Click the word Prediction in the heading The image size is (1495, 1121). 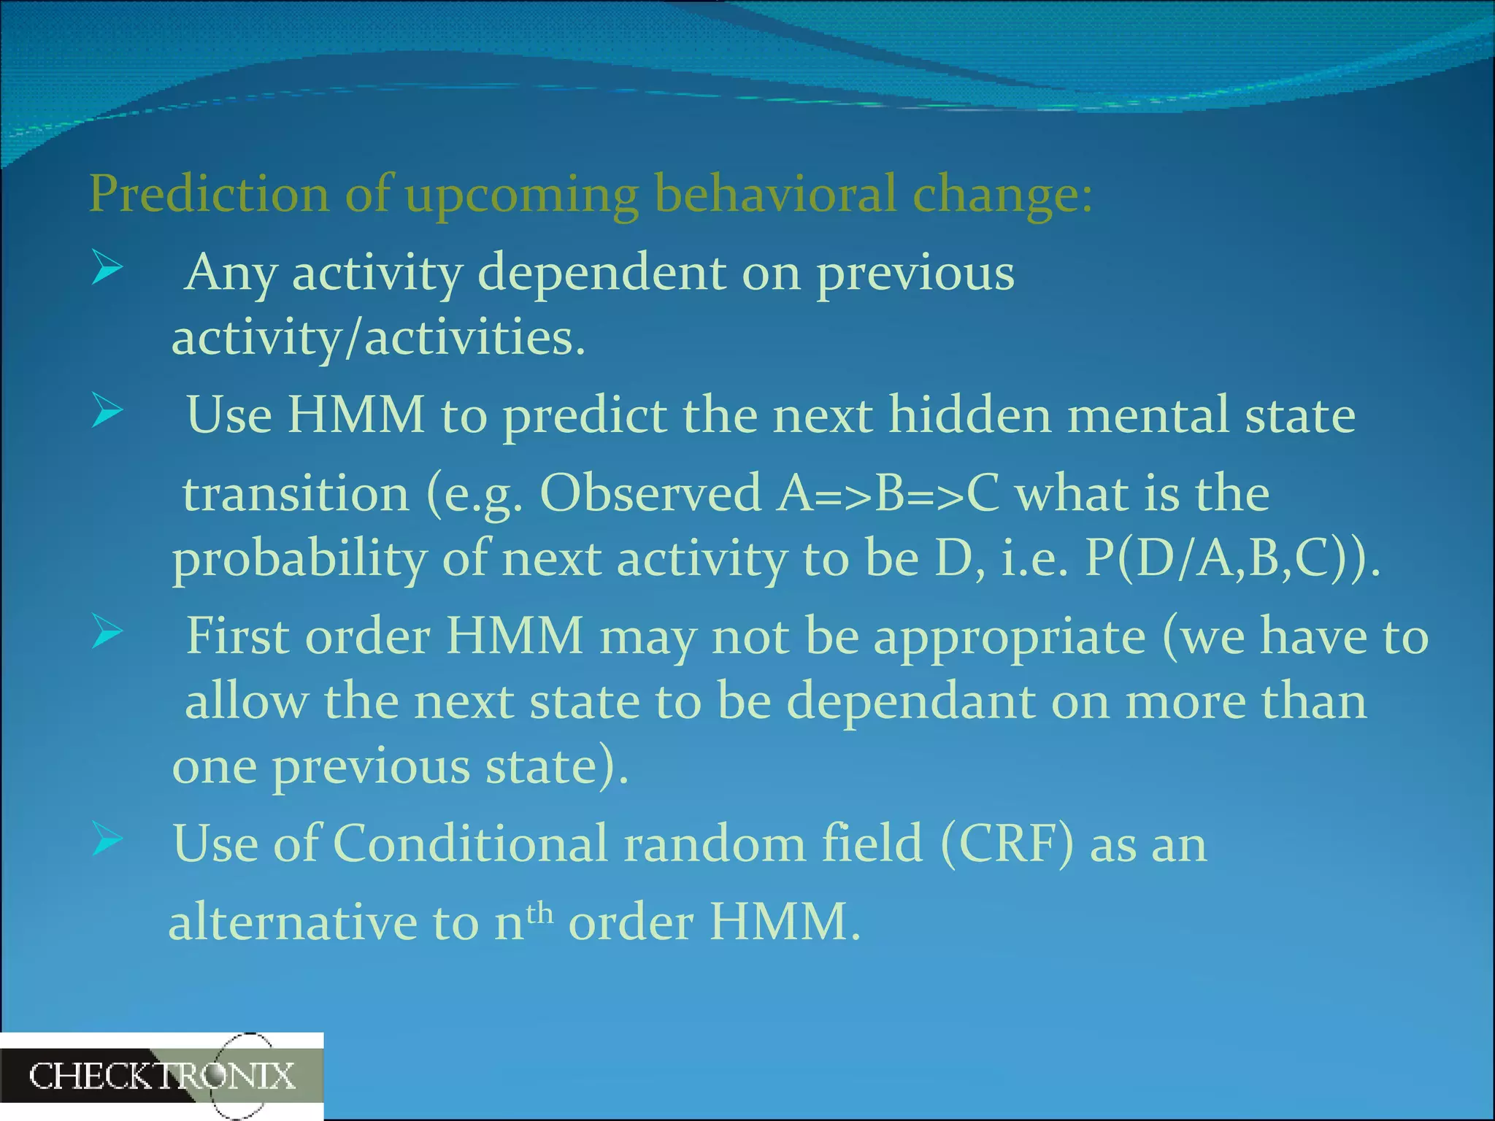click(209, 194)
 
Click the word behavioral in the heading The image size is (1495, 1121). click(775, 194)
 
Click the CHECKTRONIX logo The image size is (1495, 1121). click(161, 1076)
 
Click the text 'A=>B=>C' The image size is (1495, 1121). click(888, 493)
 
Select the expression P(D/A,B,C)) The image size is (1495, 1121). click(1232, 559)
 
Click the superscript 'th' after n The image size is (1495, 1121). click(539, 912)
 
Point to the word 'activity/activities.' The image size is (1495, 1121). click(378, 338)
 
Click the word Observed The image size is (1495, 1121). click(651, 493)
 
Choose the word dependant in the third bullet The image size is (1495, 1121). click(910, 701)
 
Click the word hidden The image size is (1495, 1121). click(970, 415)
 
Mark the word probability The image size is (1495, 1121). click(299, 560)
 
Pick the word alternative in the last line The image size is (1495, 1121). click(292, 922)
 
